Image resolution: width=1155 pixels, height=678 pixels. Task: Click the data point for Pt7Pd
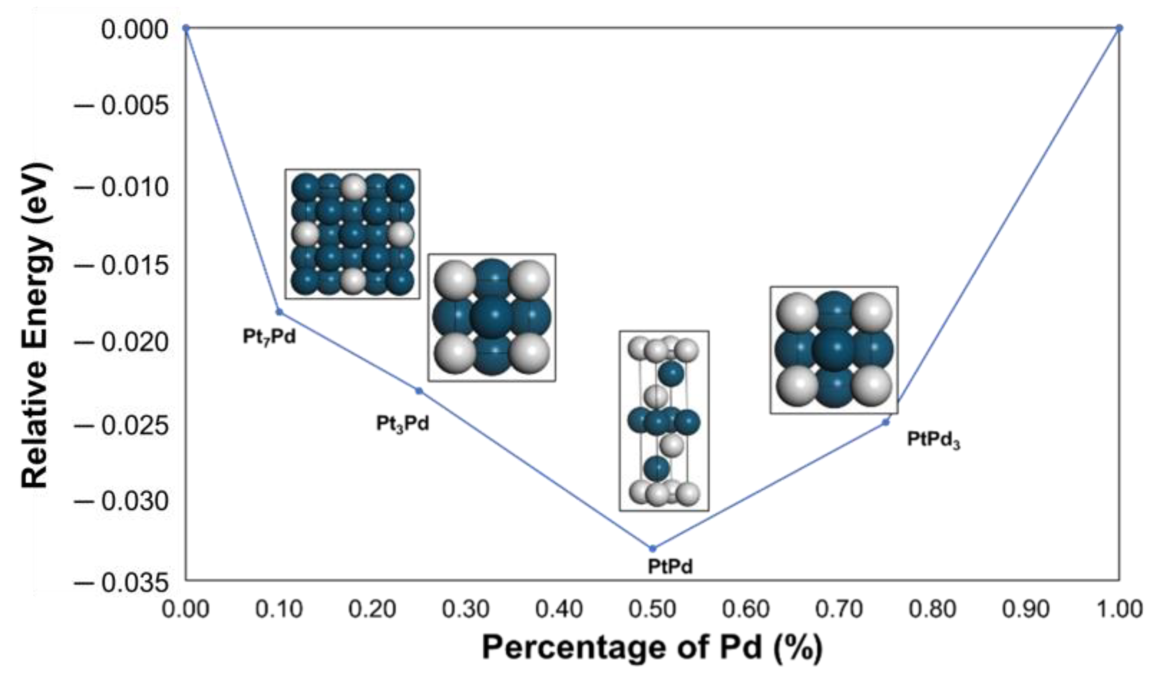pos(279,312)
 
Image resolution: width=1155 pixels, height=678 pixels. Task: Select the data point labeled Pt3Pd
pos(419,391)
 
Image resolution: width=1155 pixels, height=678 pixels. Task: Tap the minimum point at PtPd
pos(653,549)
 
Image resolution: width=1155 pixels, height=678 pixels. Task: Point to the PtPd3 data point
pos(886,422)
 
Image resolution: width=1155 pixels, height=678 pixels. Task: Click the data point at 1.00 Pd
pos(1119,28)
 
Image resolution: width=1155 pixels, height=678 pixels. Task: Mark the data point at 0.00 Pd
pos(186,28)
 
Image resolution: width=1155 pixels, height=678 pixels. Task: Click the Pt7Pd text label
pos(269,337)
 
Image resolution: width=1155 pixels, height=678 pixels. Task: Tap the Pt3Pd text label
pos(403,424)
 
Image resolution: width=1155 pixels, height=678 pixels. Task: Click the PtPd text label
pos(670,567)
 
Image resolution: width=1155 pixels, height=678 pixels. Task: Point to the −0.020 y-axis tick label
pos(122,343)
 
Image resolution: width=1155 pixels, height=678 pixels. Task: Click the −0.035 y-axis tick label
pos(122,583)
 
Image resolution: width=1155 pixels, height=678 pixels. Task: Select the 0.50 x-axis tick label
pos(653,610)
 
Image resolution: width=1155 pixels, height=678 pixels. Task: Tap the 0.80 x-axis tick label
pos(932,610)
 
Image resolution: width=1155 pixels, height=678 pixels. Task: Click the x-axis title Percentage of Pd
pos(652,648)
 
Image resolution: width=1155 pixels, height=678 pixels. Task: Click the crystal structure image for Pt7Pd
pos(352,234)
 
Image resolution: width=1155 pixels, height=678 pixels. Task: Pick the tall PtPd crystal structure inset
pos(664,421)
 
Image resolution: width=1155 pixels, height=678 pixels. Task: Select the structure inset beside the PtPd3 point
pos(834,350)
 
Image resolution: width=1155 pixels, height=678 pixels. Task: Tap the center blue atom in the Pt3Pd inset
pos(492,317)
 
